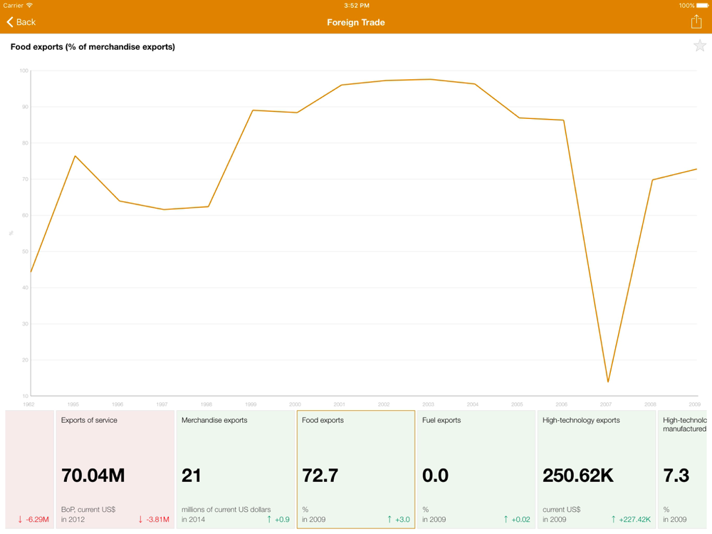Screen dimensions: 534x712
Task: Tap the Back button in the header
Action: tap(21, 22)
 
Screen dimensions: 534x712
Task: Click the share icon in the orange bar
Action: tap(696, 22)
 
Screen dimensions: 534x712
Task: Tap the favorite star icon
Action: tap(699, 46)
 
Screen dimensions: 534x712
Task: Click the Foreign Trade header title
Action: tap(356, 22)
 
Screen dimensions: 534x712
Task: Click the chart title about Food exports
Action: tap(93, 47)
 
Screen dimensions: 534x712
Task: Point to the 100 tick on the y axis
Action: tap(24, 70)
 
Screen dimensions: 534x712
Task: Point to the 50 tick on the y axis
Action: tap(24, 251)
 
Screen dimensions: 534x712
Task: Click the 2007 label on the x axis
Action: tap(605, 404)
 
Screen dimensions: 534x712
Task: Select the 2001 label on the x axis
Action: tap(339, 404)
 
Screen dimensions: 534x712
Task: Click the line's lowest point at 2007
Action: tap(608, 382)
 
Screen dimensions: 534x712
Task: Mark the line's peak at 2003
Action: tap(429, 79)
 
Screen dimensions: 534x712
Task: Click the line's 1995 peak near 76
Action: tap(75, 156)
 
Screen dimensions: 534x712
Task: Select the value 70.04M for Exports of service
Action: tap(93, 475)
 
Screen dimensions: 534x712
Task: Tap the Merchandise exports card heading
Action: tap(214, 420)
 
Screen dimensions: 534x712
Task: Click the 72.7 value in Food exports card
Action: tap(320, 475)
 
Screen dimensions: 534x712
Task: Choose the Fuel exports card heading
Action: tap(441, 420)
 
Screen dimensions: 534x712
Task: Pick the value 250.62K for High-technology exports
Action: tap(578, 475)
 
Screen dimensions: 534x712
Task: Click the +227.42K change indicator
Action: tap(631, 519)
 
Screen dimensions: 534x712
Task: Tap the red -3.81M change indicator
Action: tap(154, 519)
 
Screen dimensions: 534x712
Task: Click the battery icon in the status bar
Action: tap(702, 6)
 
